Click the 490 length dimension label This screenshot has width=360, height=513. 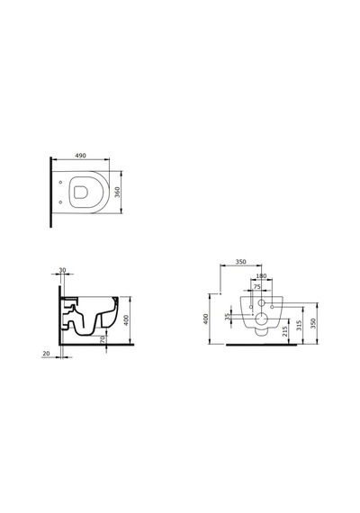80,156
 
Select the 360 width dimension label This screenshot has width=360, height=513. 118,192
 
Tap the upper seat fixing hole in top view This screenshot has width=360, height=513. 60,183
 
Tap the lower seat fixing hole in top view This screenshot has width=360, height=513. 60,202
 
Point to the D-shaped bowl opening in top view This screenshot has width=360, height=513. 80,193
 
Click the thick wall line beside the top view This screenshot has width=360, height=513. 50,192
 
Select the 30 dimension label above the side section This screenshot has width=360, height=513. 62,270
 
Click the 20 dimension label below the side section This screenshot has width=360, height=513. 46,354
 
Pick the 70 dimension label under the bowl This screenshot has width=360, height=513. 103,339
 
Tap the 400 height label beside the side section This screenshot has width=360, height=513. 126,320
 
